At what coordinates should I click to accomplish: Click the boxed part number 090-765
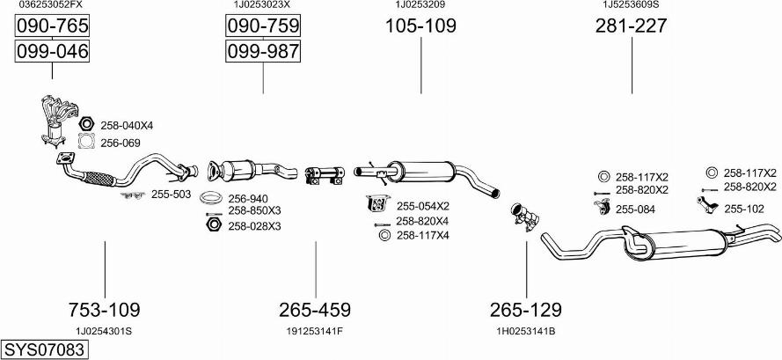pos(53,27)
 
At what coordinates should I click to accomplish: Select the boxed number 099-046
pos(53,52)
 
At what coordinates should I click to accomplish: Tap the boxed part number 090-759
pos(263,27)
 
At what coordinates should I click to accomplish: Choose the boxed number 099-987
pos(263,52)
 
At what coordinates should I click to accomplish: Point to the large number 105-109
pos(420,26)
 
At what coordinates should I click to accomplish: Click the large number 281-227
pos(631,26)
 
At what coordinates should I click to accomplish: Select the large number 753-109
pos(104,310)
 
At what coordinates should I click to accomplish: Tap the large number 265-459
pos(315,310)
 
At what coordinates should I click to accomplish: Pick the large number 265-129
pos(526,310)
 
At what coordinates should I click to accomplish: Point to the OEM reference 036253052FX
pos(51,5)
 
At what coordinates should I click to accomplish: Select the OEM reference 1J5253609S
pos(631,5)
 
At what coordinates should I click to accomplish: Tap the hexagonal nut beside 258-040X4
pos(86,125)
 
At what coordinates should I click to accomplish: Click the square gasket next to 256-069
pos(86,142)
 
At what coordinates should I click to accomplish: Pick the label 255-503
pos(171,194)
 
